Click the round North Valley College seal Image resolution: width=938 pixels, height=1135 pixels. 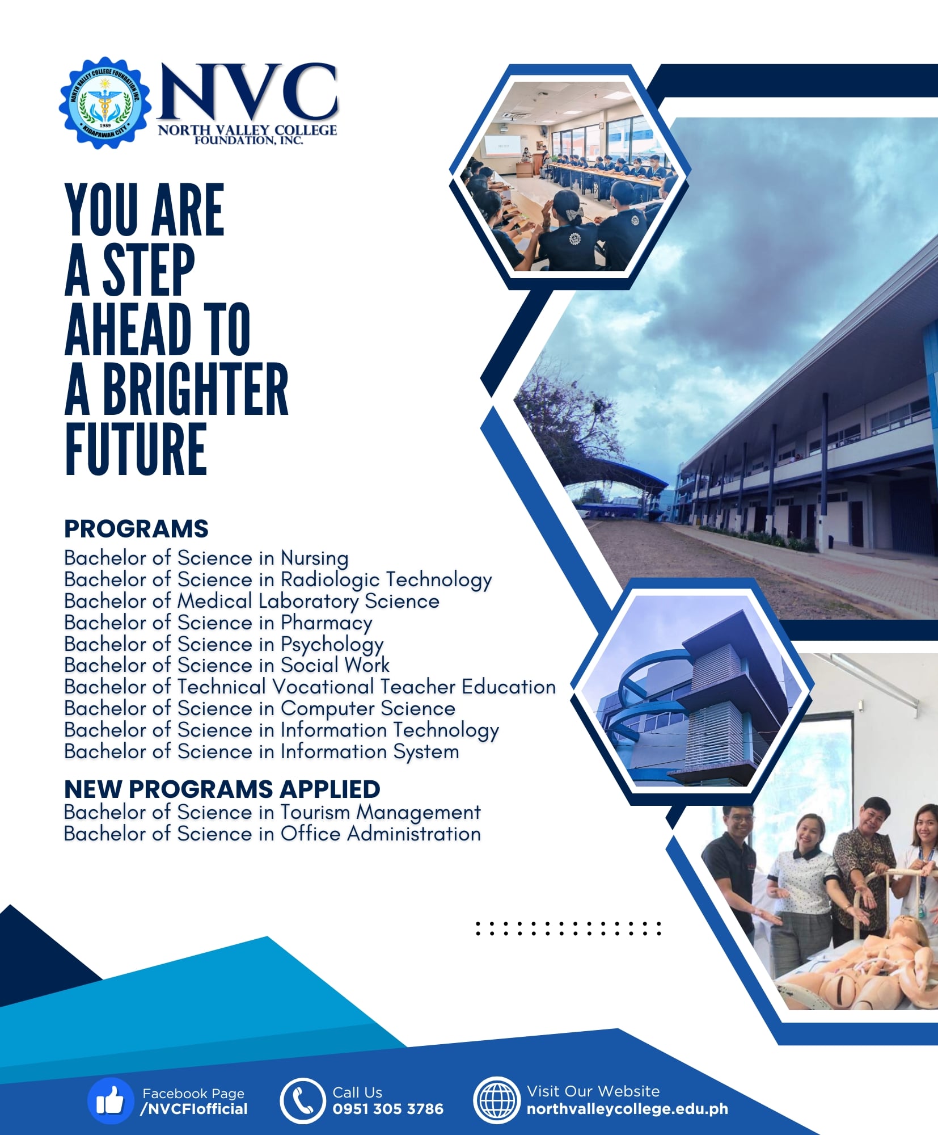pos(105,103)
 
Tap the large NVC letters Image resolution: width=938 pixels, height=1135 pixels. pos(248,92)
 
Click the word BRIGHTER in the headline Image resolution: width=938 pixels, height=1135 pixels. pos(195,389)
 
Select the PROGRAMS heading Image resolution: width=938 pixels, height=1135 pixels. pos(136,528)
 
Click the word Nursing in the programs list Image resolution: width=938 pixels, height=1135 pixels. pos(315,558)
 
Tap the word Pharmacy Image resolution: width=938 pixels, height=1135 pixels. pos(327,623)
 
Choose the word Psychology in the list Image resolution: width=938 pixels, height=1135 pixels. pos(332,644)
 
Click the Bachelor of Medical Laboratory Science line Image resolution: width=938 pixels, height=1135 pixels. pos(252,601)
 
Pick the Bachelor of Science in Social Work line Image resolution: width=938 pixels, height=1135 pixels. pos(227,665)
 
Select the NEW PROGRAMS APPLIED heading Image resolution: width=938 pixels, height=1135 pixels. pos(222,789)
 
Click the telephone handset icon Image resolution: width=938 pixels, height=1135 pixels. pos(302,1101)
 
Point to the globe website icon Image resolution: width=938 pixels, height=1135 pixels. pos(496,1101)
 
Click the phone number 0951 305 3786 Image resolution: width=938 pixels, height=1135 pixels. pos(388,1109)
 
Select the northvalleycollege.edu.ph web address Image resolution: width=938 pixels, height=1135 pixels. pos(627,1109)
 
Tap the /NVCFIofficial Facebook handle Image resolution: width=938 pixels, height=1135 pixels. pos(194,1109)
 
